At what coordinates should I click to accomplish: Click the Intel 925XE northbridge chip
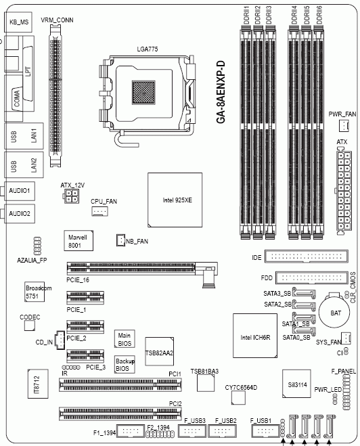tap(175, 200)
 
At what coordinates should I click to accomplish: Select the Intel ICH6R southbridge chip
tap(255, 336)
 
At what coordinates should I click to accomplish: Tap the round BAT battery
tap(334, 312)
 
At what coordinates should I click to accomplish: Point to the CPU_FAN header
tap(99, 211)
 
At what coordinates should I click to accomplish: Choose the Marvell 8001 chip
tap(78, 241)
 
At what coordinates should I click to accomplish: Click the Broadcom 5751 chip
tap(35, 292)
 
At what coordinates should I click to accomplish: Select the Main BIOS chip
tap(125, 339)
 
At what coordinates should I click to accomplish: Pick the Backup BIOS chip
tap(125, 364)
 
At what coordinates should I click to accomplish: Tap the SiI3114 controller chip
tap(296, 384)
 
